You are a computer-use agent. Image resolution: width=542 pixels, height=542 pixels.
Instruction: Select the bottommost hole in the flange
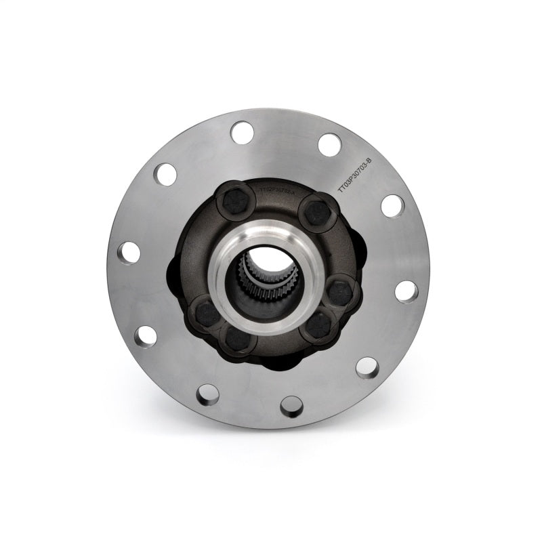291,406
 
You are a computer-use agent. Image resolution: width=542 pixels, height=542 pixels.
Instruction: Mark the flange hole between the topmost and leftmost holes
165,174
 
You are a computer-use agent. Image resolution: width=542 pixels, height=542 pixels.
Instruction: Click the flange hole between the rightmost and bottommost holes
367,367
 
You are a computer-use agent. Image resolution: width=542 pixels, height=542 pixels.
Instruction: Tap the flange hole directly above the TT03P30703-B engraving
330,144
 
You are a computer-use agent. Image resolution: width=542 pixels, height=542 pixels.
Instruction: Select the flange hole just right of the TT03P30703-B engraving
392,205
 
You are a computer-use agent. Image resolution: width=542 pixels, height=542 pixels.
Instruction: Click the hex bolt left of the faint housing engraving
235,201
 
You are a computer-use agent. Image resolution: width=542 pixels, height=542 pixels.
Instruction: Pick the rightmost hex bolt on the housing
340,293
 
